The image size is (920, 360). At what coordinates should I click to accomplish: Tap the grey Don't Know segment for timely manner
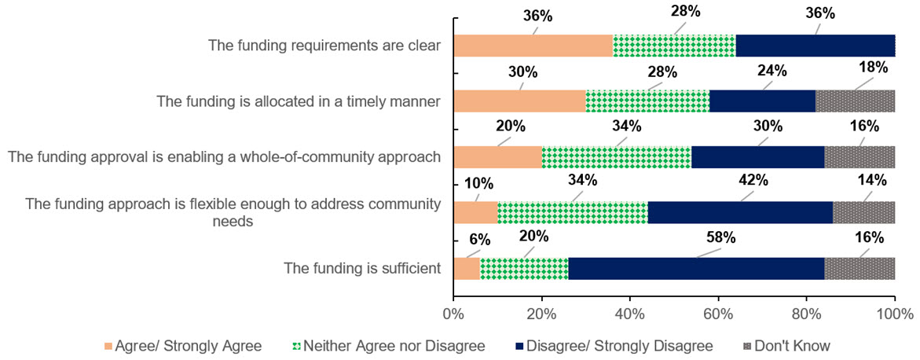[x=856, y=101]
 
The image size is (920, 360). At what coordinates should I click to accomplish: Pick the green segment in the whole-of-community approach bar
[x=616, y=157]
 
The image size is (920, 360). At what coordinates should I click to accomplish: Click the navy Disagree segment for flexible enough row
[x=740, y=212]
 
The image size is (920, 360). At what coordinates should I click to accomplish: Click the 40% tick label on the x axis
[x=630, y=314]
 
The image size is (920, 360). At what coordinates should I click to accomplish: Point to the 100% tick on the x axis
[x=895, y=314]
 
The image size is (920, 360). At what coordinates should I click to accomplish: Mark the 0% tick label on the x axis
[x=454, y=314]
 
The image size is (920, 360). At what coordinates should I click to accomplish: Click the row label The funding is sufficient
[x=362, y=268]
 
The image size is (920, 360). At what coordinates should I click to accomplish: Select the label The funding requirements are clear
[x=324, y=46]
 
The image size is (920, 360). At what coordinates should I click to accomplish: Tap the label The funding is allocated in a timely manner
[x=298, y=101]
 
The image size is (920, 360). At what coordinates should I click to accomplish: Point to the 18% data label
[x=873, y=67]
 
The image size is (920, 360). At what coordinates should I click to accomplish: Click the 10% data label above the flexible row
[x=478, y=184]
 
